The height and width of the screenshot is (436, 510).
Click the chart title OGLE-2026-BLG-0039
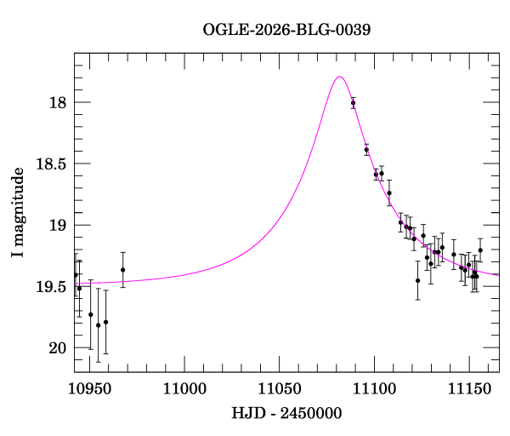click(x=286, y=30)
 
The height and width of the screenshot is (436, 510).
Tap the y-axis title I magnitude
click(x=18, y=212)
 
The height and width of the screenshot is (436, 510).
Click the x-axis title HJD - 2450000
click(x=286, y=413)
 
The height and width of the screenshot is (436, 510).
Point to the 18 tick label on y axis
click(x=58, y=103)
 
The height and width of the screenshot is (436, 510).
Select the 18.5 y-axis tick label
click(x=51, y=163)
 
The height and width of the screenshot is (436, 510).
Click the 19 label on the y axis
click(x=58, y=225)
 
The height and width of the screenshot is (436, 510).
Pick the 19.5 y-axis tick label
click(x=51, y=287)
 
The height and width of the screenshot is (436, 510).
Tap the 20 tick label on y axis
click(x=58, y=348)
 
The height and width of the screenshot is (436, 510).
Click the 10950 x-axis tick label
click(x=90, y=389)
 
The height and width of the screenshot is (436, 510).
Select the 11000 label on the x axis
click(x=184, y=389)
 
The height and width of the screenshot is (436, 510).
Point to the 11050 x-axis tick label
click(x=280, y=389)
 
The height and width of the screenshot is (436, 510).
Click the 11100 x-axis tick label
click(x=374, y=389)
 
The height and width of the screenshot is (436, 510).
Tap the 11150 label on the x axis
click(x=469, y=389)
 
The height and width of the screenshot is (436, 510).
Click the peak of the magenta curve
click(x=339, y=77)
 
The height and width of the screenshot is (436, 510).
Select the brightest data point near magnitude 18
click(x=354, y=103)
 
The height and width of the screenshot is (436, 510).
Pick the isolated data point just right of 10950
click(x=123, y=270)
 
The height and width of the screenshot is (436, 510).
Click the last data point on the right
click(x=480, y=250)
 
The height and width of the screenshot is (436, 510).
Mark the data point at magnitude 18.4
click(x=366, y=150)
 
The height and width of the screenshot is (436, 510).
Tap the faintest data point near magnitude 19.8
click(x=99, y=325)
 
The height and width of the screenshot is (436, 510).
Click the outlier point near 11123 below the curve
click(x=418, y=280)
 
